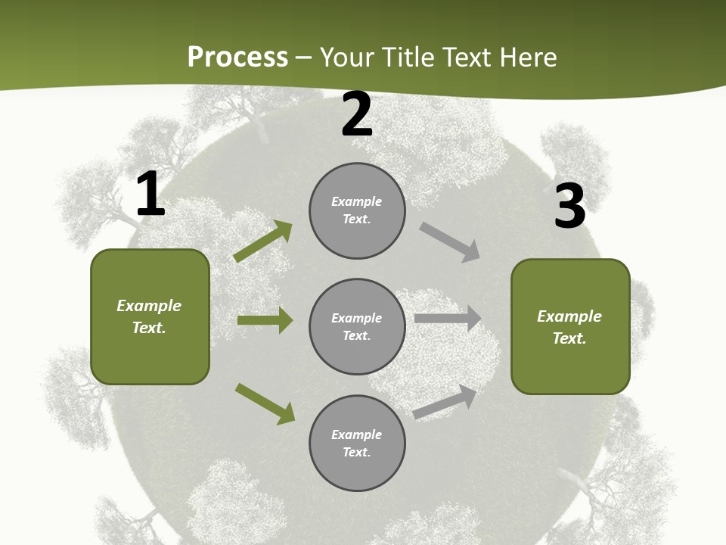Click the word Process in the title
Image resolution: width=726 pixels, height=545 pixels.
tap(237, 58)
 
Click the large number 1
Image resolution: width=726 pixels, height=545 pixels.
tap(150, 195)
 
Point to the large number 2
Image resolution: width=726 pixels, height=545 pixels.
tap(357, 115)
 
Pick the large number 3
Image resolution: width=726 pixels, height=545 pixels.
tap(569, 206)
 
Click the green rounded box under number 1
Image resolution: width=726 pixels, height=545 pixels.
tap(150, 316)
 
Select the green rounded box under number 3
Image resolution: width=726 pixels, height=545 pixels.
tap(570, 326)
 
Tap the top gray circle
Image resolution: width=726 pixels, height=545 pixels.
tap(357, 210)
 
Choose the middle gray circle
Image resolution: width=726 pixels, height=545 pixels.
tap(357, 326)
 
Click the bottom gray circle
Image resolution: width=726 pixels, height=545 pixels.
tap(357, 443)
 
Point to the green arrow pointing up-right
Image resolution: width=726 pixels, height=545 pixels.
tap(263, 241)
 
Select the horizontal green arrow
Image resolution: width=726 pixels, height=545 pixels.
tap(265, 320)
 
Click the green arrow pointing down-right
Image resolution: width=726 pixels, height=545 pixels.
tap(265, 403)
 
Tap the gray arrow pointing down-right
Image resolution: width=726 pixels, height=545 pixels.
tap(449, 242)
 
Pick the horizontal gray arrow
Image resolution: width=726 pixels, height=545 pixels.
tap(448, 319)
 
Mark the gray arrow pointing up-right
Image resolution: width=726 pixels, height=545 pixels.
tap(445, 402)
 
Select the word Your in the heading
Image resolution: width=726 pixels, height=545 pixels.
tap(346, 58)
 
